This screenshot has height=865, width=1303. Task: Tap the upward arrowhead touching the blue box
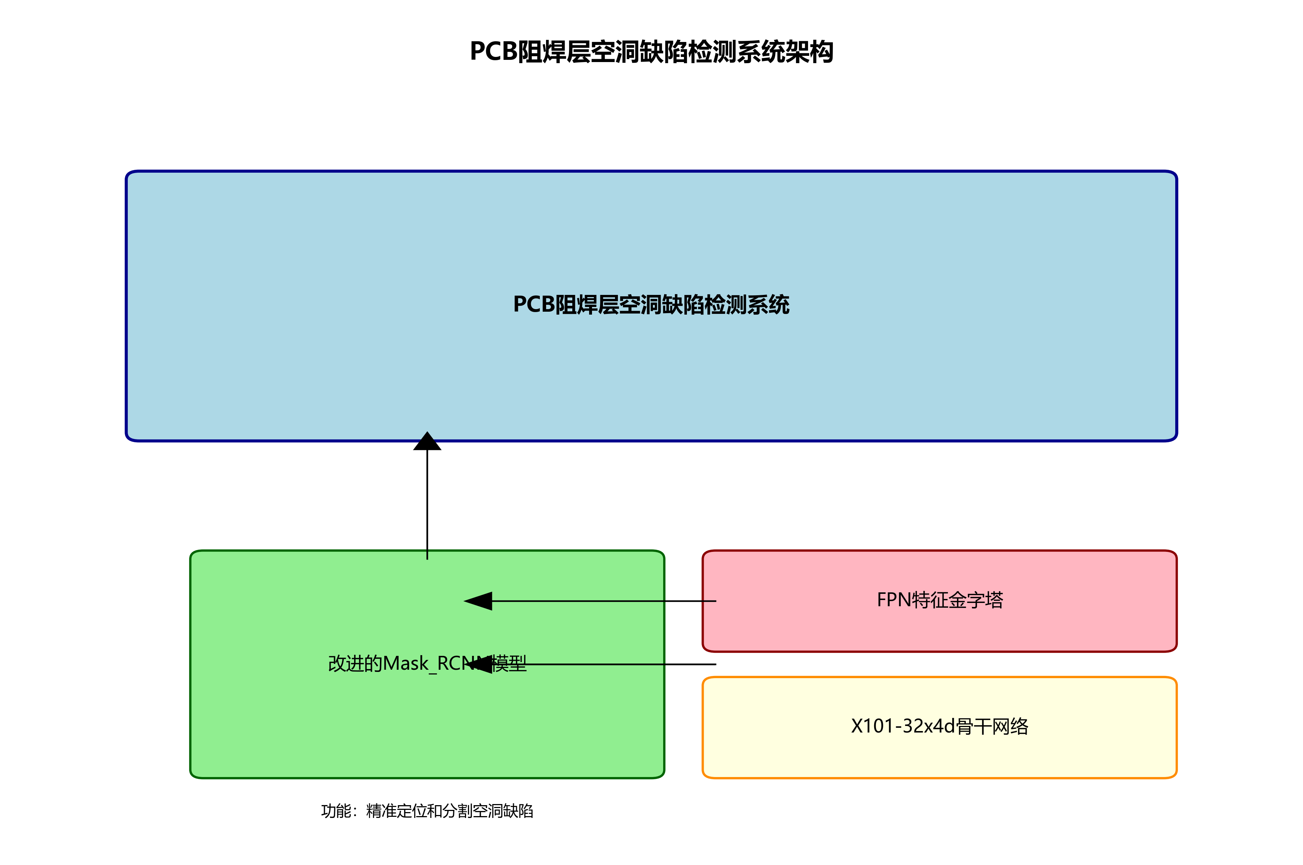click(427, 441)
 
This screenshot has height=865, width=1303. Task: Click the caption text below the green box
click(427, 811)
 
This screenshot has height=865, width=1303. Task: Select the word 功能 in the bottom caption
click(336, 811)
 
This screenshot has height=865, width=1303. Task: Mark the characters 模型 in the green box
click(510, 663)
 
